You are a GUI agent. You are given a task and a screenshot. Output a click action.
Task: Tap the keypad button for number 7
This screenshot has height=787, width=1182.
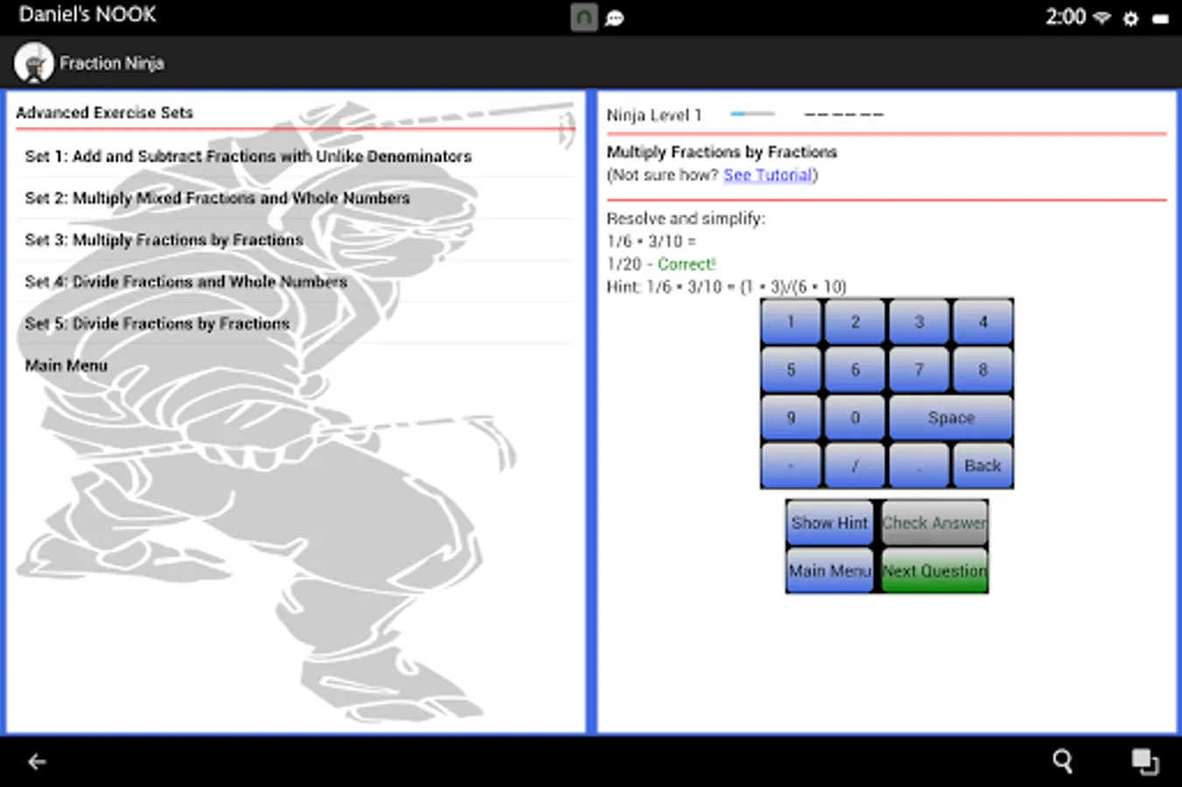(x=919, y=369)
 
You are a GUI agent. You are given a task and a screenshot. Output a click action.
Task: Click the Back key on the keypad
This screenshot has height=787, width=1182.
(x=983, y=465)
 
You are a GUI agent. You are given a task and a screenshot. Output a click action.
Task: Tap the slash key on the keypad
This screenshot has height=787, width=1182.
(x=855, y=465)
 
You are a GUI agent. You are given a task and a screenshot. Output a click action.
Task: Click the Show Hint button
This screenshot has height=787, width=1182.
(x=829, y=523)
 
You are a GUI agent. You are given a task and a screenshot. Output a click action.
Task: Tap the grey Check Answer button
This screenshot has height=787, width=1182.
(x=934, y=523)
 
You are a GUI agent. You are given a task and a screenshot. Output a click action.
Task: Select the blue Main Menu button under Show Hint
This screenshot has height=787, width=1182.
(x=829, y=570)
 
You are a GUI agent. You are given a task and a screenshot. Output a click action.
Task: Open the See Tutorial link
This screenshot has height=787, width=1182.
(x=768, y=175)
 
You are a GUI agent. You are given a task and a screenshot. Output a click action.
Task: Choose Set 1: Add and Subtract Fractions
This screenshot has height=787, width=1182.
(x=248, y=157)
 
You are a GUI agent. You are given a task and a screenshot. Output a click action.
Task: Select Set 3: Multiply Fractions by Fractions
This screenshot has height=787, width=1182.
(x=164, y=240)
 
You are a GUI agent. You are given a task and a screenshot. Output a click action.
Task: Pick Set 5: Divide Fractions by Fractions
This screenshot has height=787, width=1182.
(x=157, y=324)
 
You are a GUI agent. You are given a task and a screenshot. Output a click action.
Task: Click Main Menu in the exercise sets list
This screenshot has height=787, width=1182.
(x=66, y=365)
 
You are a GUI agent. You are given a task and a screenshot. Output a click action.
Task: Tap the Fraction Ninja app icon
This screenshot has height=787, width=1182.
(x=34, y=63)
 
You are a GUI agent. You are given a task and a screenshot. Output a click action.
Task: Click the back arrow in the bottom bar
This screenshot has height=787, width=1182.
(x=37, y=761)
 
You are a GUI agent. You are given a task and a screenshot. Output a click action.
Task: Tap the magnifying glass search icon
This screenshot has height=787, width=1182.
(x=1063, y=761)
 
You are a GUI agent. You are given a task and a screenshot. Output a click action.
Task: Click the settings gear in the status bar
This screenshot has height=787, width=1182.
(x=1130, y=19)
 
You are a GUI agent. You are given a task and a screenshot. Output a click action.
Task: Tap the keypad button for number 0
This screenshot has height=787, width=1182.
(x=855, y=417)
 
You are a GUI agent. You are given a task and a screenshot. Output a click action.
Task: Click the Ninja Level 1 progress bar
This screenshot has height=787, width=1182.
(x=752, y=114)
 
